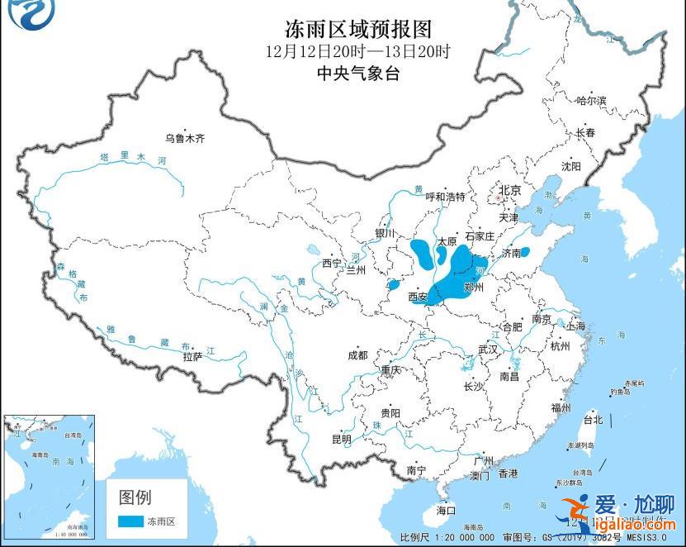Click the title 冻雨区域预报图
click(358, 30)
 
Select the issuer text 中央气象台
click(358, 74)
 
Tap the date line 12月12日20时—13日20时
click(358, 52)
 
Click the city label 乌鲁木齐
click(183, 138)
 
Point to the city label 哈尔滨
click(591, 101)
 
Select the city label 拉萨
click(192, 357)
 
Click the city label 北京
click(509, 190)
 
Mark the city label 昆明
click(341, 439)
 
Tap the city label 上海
click(575, 326)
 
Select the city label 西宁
click(332, 264)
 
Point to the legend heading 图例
click(135, 497)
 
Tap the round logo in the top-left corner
click(21, 15)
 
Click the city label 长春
click(585, 132)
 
